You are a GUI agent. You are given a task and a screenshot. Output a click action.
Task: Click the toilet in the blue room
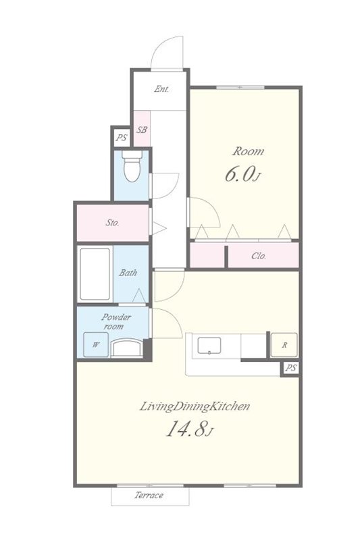132,166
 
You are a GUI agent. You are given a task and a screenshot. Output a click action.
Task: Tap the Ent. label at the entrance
161,89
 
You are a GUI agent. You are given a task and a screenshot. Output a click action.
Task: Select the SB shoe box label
142,130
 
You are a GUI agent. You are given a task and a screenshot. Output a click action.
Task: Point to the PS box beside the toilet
122,138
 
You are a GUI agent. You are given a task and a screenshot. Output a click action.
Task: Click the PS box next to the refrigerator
290,368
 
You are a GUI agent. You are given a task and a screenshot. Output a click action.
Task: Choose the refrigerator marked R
284,345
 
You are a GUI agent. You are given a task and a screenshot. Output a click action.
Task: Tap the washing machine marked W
96,344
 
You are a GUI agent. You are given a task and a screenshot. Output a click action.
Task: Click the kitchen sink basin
209,346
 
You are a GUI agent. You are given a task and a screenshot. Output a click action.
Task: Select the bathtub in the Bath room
95,274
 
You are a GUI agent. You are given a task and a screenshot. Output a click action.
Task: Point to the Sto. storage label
112,223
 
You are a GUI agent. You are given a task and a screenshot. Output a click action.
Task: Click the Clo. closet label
259,256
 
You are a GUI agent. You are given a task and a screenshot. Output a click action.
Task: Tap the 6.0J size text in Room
242,174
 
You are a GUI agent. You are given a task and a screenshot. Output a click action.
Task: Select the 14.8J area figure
190,429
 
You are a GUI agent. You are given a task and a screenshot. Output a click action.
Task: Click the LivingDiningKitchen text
195,407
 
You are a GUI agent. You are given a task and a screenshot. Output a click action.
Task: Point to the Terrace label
149,495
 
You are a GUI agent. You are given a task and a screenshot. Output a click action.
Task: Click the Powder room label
116,321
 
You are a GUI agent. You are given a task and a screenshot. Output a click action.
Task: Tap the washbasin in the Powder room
128,348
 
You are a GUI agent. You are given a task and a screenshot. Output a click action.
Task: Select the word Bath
128,273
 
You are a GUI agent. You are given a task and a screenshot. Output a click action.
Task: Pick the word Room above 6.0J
248,151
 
